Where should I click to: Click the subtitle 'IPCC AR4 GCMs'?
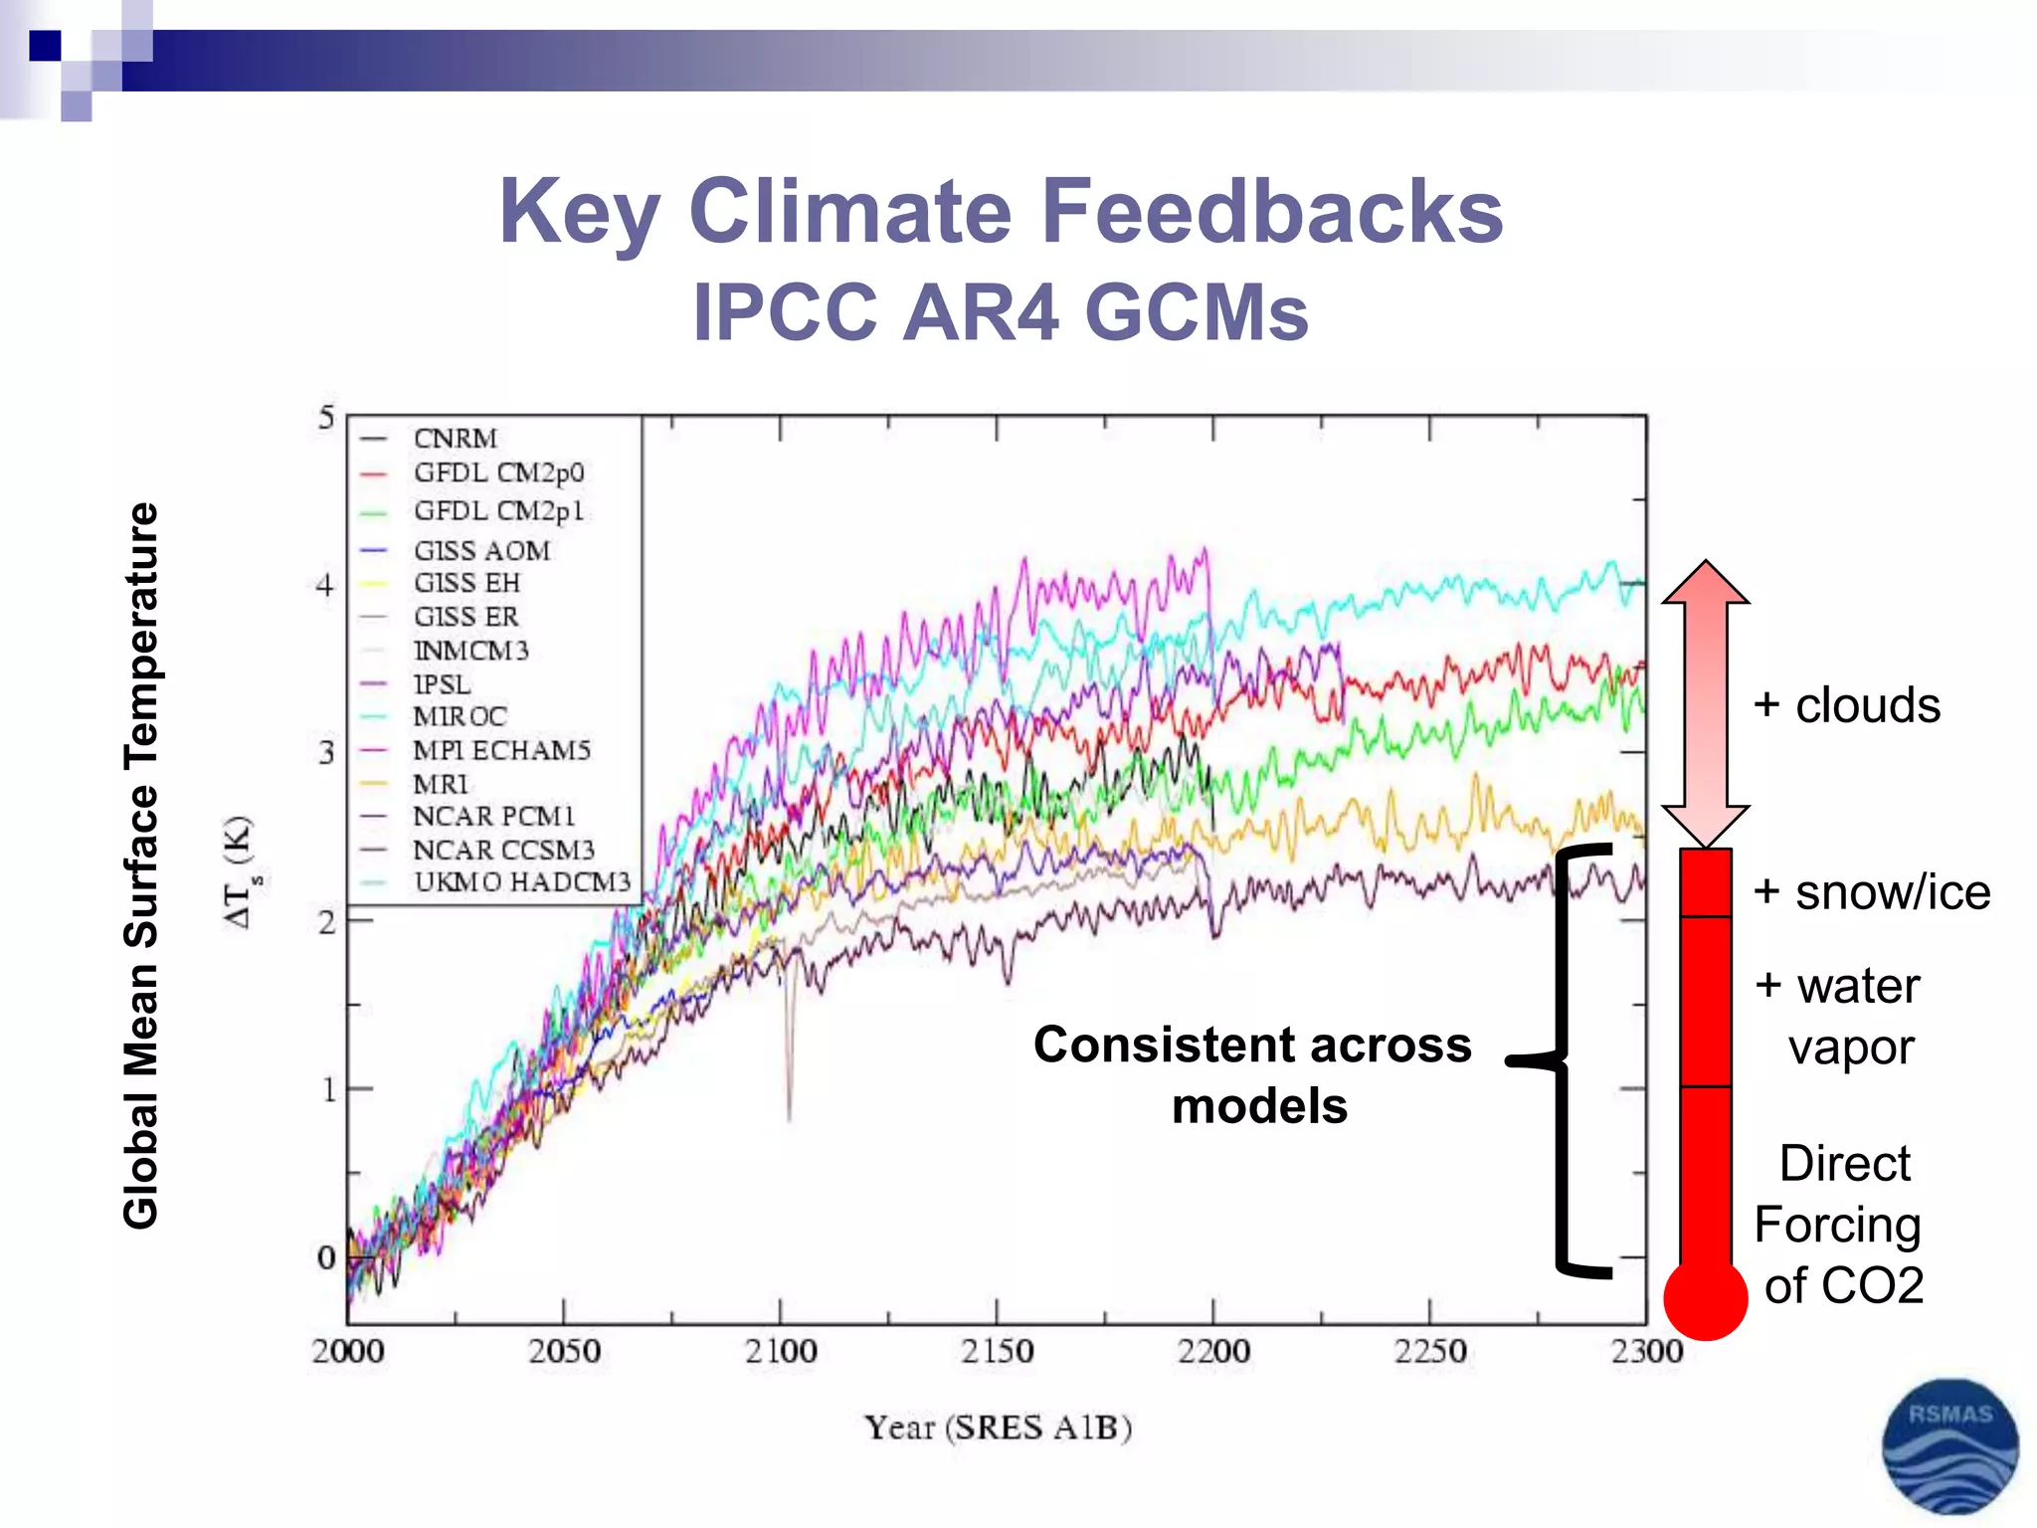click(1001, 312)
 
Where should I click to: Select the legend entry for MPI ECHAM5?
click(501, 750)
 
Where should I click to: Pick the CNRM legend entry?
click(456, 439)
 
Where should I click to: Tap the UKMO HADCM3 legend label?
click(522, 882)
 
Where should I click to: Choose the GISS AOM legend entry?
click(481, 551)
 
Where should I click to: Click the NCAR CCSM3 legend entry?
click(503, 851)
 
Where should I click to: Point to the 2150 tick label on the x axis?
click(997, 1351)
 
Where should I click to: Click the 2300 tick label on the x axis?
click(1646, 1351)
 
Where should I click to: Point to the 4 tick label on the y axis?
click(325, 586)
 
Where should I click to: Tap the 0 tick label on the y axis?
click(325, 1257)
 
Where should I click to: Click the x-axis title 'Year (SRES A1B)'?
click(998, 1428)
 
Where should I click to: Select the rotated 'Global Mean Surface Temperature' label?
click(141, 865)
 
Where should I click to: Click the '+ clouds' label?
click(1846, 705)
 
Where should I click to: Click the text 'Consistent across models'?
click(1253, 1075)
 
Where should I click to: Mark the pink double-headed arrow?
click(1705, 702)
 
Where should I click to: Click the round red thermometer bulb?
click(1705, 1298)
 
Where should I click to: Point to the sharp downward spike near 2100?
click(790, 1074)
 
